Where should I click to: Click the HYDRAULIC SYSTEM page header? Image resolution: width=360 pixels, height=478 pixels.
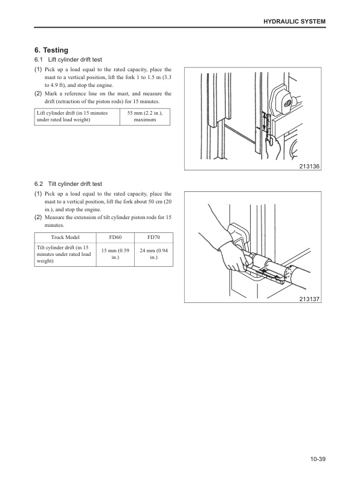294,22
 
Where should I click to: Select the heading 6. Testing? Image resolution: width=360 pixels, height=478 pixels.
51,50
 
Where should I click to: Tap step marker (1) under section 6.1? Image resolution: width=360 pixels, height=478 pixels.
37,70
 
